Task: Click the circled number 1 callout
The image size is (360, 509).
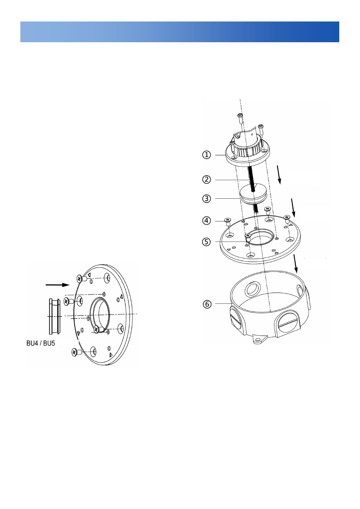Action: [x=207, y=155]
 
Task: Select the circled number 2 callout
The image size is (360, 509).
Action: [x=207, y=179]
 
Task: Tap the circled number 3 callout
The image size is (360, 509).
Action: [x=207, y=199]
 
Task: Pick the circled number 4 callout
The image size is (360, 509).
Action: [x=207, y=221]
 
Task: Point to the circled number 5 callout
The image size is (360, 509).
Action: [x=207, y=242]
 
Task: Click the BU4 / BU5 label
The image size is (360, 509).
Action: [x=41, y=343]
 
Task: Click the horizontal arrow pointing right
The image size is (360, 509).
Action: [x=57, y=285]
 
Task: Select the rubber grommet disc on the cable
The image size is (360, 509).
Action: [x=253, y=193]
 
